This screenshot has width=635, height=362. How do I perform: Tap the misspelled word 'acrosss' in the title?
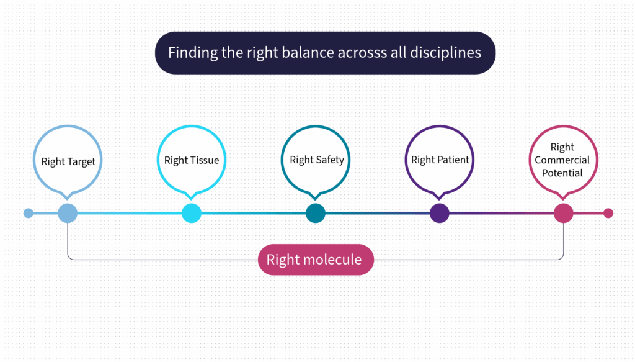tap(362, 53)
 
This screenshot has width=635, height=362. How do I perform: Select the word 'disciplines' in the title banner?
tap(445, 53)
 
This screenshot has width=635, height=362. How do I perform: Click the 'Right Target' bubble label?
tap(68, 161)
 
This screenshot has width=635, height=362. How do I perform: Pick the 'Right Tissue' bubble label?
tap(192, 160)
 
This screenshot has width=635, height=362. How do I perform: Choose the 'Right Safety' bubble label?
tap(317, 160)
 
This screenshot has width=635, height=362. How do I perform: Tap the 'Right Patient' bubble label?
tap(440, 160)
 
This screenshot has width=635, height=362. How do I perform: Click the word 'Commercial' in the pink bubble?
tap(562, 160)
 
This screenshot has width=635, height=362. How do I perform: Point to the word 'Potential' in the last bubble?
tap(562, 173)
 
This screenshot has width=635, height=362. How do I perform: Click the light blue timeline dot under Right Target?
tap(68, 213)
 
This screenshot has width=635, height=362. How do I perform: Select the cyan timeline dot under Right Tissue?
tap(192, 213)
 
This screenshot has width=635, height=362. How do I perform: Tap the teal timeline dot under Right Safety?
tap(316, 213)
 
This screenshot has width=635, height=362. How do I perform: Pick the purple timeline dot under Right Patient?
tap(440, 213)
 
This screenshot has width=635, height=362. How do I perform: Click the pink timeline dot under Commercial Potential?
tap(563, 213)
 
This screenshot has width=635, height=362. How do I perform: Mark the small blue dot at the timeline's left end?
tap(29, 213)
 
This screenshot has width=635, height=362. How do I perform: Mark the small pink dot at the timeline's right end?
tap(608, 213)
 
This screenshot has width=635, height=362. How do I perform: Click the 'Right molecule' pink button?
tap(316, 260)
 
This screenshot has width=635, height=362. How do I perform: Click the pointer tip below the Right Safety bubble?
tap(315, 199)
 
